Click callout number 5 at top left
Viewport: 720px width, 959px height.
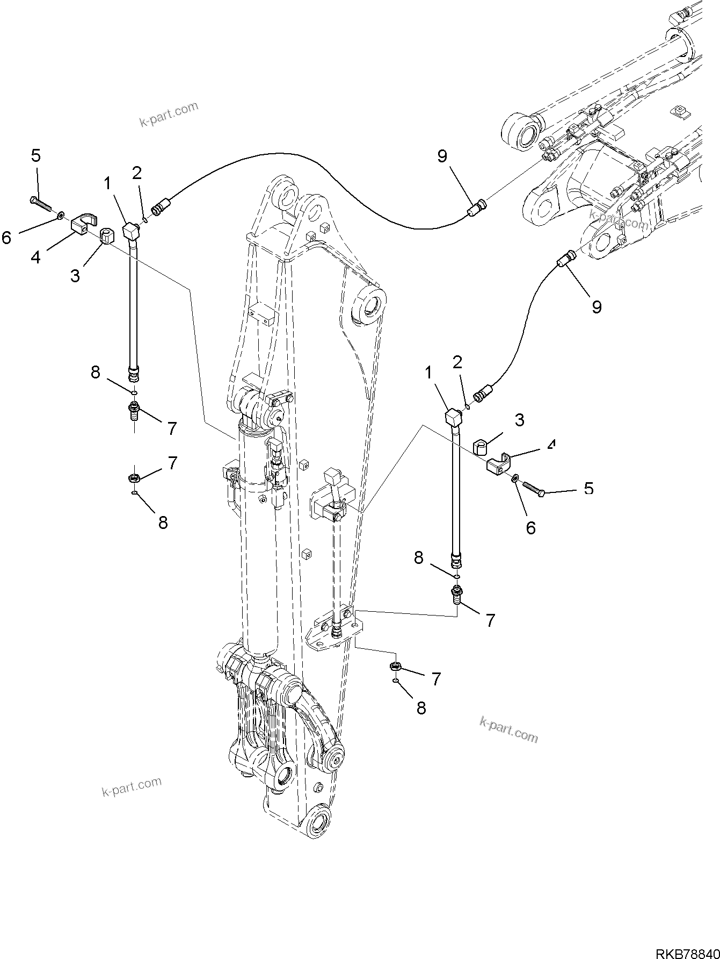coord(35,156)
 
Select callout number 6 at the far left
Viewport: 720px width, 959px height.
coord(6,237)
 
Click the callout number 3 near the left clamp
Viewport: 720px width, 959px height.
coord(75,276)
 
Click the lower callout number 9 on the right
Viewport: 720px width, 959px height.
coord(597,306)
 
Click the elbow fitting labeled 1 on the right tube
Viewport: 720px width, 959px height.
coord(454,416)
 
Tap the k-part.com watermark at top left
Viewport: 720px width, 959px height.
coord(169,114)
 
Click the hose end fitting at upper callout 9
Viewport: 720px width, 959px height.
coord(476,207)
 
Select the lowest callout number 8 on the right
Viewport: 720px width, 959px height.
coord(421,708)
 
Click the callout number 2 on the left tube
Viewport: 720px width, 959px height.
coord(137,173)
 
